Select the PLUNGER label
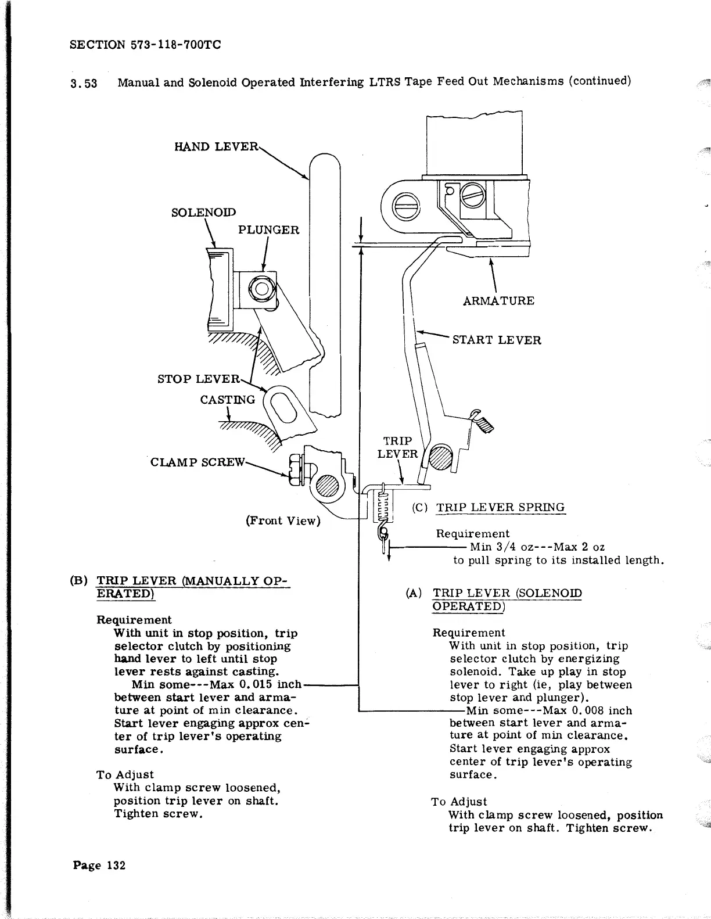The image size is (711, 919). click(269, 229)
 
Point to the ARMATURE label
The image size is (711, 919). click(498, 300)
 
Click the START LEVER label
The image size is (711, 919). click(497, 340)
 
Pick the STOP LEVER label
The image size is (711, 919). click(198, 379)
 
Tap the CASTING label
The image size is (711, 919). click(227, 400)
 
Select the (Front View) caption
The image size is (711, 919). click(283, 520)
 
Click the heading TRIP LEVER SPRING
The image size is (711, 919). click(500, 507)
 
